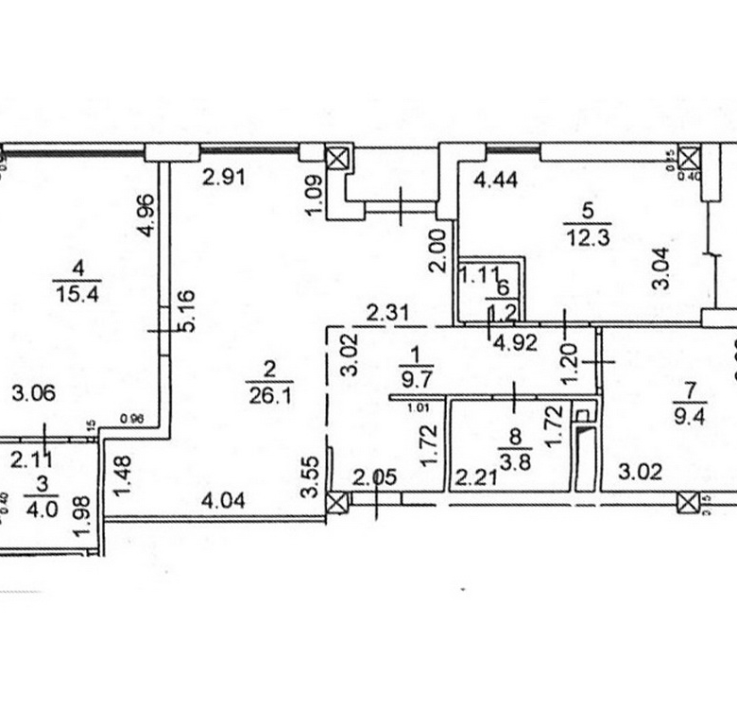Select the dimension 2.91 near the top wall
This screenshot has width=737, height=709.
[224, 176]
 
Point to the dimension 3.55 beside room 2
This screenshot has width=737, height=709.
[306, 479]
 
